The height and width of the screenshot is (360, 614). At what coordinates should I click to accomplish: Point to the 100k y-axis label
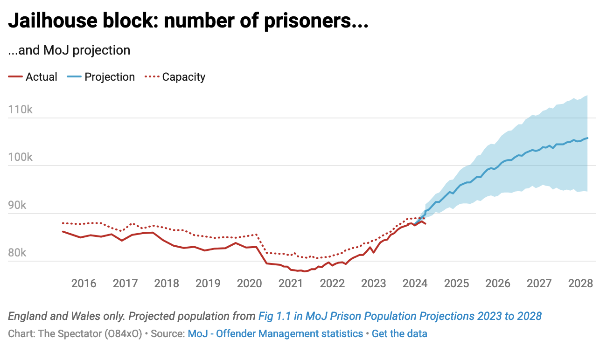[20, 158]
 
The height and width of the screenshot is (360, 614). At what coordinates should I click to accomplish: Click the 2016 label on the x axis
[84, 283]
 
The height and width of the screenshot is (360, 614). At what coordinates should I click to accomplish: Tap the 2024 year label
[415, 283]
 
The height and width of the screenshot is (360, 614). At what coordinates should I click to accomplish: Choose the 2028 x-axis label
[580, 283]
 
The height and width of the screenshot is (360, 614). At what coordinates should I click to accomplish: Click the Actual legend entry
[33, 77]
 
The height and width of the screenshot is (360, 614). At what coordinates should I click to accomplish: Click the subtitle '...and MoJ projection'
[69, 50]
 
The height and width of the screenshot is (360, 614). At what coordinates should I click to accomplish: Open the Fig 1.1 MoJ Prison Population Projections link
[400, 316]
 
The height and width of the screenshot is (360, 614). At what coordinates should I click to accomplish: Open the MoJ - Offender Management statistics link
[275, 334]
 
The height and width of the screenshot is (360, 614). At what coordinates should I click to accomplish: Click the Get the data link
[399, 334]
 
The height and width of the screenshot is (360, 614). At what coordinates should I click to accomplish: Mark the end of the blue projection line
[587, 138]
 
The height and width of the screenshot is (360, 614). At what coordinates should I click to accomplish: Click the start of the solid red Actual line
[63, 231]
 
